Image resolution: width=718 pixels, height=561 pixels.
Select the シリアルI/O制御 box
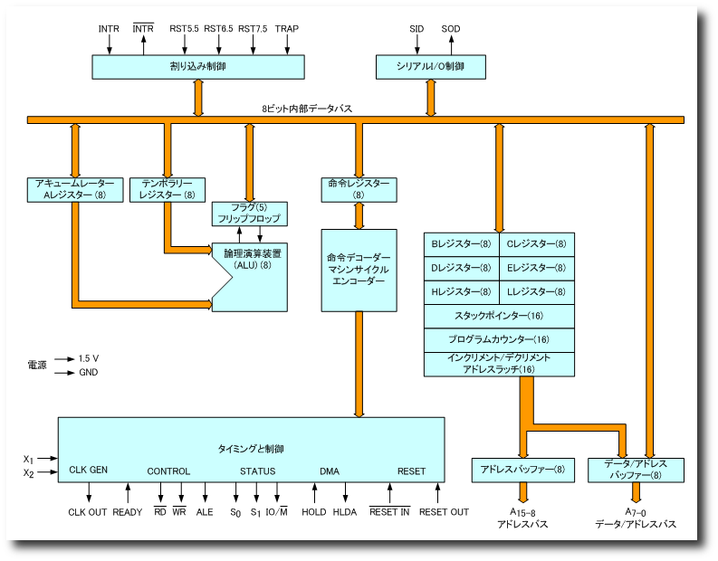[x=431, y=67]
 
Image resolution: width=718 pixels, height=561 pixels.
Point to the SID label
[x=416, y=29]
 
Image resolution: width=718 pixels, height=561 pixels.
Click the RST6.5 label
[x=218, y=29]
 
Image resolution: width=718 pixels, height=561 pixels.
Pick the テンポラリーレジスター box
[x=168, y=189]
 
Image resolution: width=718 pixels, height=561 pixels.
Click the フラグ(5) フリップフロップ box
[x=249, y=214]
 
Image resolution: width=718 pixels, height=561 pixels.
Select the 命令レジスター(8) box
[x=359, y=189]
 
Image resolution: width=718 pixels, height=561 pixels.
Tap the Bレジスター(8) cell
[x=461, y=244]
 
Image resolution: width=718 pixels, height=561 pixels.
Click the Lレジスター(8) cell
[x=536, y=292]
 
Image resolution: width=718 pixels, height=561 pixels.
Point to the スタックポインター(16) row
[x=499, y=316]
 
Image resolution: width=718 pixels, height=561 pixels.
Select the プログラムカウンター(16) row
[x=499, y=340]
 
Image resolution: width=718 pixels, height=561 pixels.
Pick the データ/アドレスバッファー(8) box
[x=636, y=470]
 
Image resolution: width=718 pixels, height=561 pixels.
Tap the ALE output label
[x=205, y=512]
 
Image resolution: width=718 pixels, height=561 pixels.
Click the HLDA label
[x=345, y=512]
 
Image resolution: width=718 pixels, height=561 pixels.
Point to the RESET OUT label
[x=444, y=512]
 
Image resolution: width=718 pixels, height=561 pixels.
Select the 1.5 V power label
[x=89, y=358]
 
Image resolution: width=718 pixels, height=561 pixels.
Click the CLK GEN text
[x=89, y=471]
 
